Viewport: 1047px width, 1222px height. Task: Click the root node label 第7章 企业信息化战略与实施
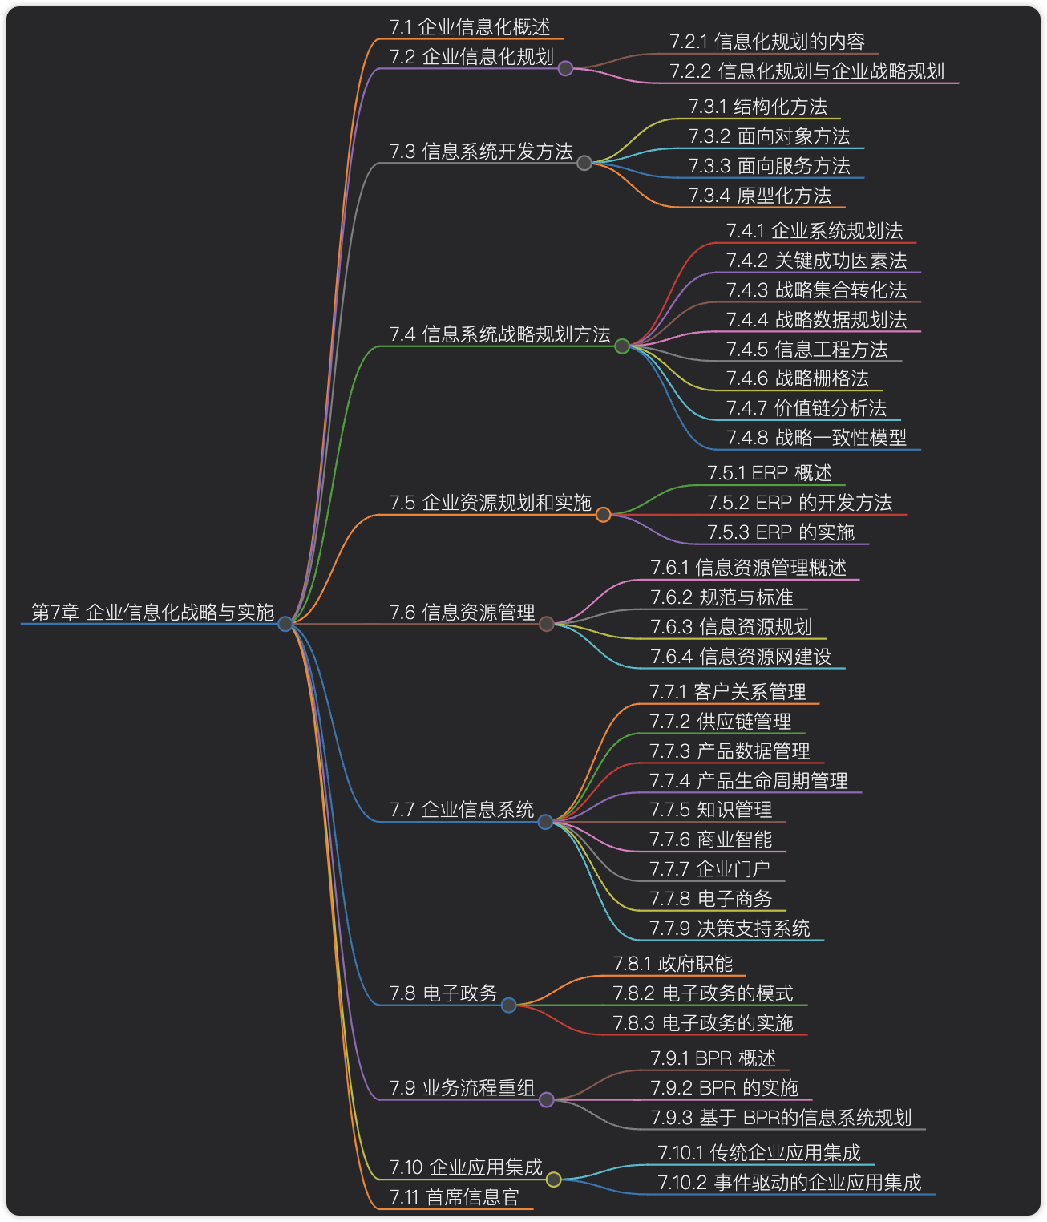(152, 612)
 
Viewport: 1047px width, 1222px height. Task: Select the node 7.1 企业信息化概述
(470, 27)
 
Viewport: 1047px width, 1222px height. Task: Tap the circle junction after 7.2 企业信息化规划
(565, 68)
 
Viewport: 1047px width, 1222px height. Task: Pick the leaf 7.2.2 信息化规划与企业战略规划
(806, 71)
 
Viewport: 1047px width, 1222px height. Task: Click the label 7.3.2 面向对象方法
(769, 136)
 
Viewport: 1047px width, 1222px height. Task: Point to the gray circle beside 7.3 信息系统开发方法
(584, 163)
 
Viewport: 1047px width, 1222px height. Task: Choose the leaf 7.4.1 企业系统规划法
(814, 231)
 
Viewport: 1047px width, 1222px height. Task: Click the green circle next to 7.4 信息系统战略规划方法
(622, 346)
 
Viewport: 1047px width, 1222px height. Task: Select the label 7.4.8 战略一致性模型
(816, 438)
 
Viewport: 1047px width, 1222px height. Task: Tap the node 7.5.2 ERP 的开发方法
(799, 503)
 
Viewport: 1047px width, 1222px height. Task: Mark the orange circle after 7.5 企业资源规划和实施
(603, 514)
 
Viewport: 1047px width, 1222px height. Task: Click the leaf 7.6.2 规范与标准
(722, 597)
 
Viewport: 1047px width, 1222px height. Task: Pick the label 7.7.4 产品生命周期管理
(748, 781)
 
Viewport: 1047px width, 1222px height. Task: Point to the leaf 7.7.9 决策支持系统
(730, 929)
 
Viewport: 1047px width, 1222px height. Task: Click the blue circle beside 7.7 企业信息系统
(545, 821)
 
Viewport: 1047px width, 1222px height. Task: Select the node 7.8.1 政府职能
(673, 964)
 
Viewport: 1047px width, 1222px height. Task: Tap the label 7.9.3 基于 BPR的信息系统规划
(781, 1118)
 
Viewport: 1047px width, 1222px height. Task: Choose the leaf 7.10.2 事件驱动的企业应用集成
(789, 1183)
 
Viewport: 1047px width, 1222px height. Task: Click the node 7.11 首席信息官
(455, 1197)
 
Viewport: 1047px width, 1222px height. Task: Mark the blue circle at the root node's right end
(285, 623)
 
